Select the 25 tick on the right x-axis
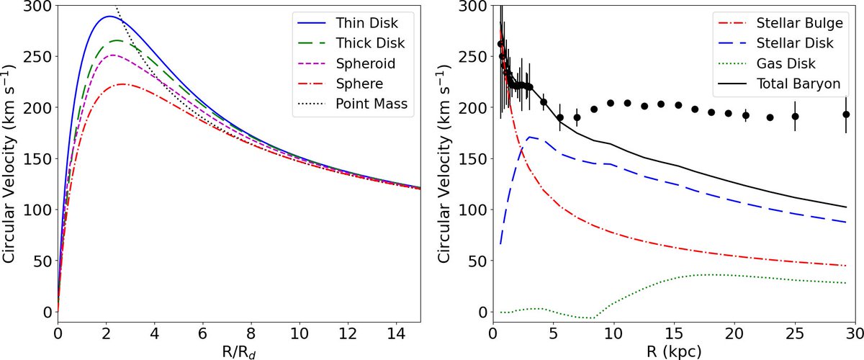[x=795, y=333]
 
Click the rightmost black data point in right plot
[x=846, y=114]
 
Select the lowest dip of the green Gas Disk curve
[x=592, y=318]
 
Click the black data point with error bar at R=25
[x=795, y=117]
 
